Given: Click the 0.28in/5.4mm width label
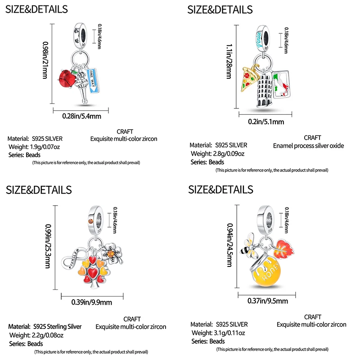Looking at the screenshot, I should pos(81,116).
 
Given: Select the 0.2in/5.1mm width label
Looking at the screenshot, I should pos(266,121).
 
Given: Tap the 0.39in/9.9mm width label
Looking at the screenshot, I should pos(92,303).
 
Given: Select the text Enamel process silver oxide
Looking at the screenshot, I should pos(308,146).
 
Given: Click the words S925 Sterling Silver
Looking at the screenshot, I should pos(57,326).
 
